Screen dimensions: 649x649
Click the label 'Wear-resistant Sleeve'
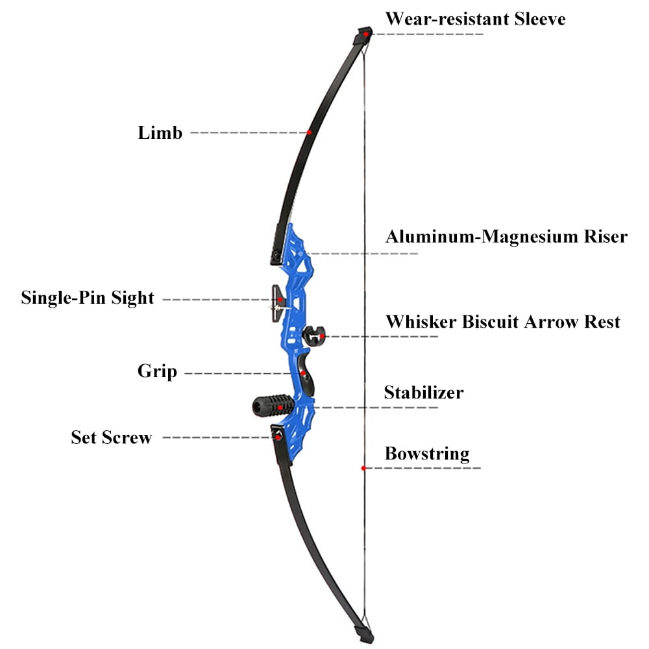click(x=475, y=19)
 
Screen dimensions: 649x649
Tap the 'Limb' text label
click(x=160, y=133)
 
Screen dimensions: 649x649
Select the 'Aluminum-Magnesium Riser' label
click(x=506, y=237)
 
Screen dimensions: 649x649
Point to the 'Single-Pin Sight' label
click(x=88, y=298)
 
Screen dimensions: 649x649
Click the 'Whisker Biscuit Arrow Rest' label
click(x=503, y=322)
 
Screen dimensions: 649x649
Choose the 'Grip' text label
click(x=157, y=371)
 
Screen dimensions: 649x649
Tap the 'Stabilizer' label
click(x=424, y=393)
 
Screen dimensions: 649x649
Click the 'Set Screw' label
click(x=112, y=437)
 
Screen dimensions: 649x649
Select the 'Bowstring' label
click(x=427, y=454)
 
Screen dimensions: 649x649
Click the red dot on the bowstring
click(x=363, y=468)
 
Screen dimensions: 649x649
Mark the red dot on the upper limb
click(x=309, y=132)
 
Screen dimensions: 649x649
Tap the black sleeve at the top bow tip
click(x=363, y=36)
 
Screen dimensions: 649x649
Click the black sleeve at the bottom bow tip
click(x=364, y=633)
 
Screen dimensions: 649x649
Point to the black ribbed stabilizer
click(x=273, y=406)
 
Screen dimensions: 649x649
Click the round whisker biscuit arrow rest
click(x=314, y=336)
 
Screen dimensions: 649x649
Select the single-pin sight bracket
click(x=279, y=303)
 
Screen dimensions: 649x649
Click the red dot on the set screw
click(x=278, y=437)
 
